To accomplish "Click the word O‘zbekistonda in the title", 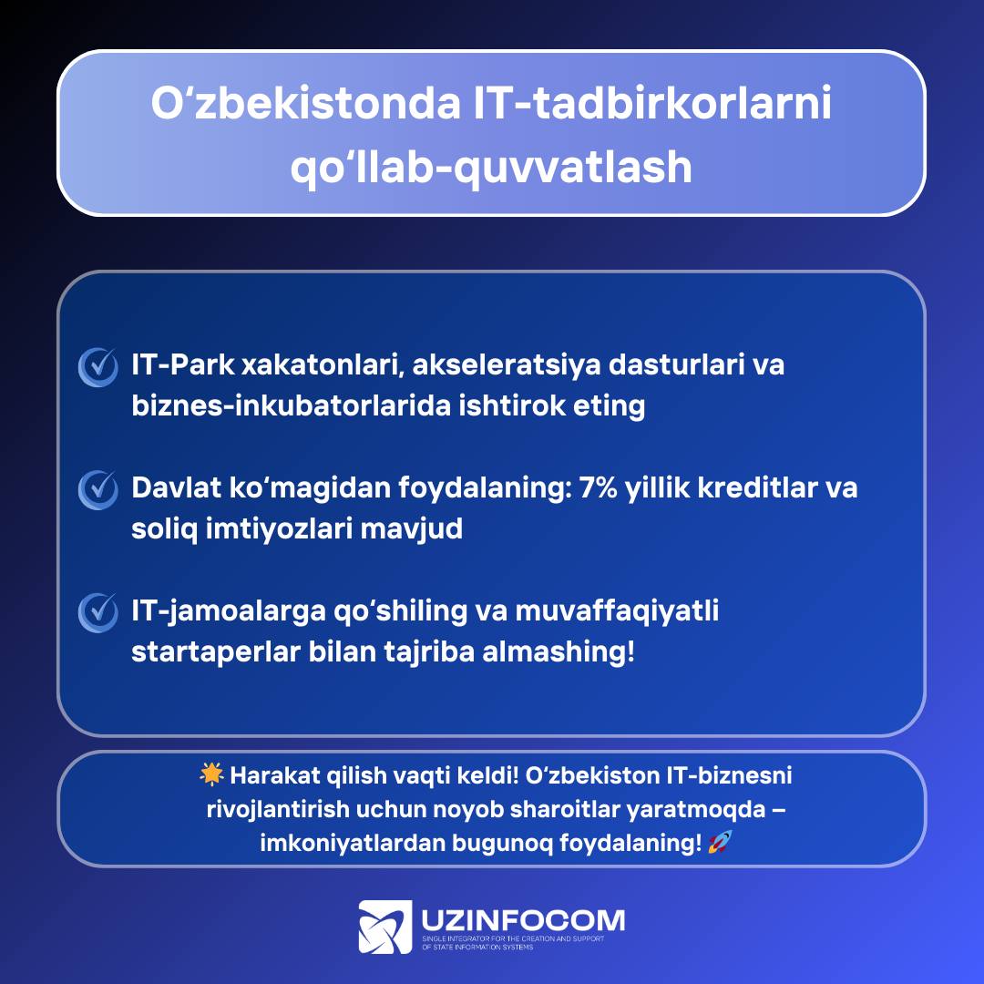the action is (305, 103).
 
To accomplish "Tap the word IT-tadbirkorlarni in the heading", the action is (652, 103).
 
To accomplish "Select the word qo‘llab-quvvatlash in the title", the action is (491, 167).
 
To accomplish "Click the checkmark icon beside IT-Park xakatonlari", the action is (97, 367).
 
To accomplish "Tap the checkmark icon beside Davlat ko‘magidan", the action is (97, 489).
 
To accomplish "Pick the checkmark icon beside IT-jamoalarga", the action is (97, 612).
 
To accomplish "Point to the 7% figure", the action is (598, 487).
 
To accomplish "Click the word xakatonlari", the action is (323, 365).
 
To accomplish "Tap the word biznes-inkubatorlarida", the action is (292, 406).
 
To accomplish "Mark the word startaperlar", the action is (216, 652).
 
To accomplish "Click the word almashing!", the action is (559, 652).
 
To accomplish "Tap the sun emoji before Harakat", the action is (211, 775).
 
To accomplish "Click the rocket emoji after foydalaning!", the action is (720, 842).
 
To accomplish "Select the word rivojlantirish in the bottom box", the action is (278, 810).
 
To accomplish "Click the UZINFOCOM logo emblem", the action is (385, 927).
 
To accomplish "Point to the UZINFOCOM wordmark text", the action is (523, 920).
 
